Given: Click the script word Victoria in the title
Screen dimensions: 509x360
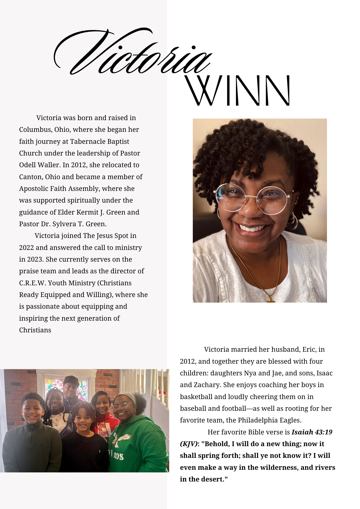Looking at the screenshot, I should [x=132, y=53].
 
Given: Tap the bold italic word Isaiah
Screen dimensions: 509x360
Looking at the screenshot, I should [x=302, y=432].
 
